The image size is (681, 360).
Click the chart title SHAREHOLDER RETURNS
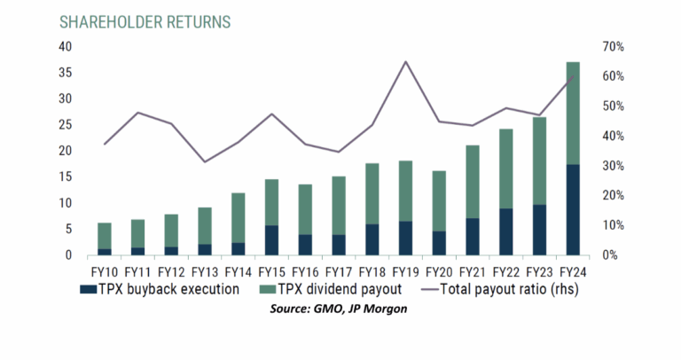click(x=145, y=20)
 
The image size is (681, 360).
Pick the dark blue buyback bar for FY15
click(x=272, y=240)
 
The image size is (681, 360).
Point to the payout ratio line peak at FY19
click(x=405, y=61)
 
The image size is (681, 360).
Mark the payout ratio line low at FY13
click(x=205, y=161)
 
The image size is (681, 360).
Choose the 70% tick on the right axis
click(x=614, y=46)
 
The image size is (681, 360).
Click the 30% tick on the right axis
click(x=614, y=166)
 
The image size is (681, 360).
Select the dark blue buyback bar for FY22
click(x=505, y=231)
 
